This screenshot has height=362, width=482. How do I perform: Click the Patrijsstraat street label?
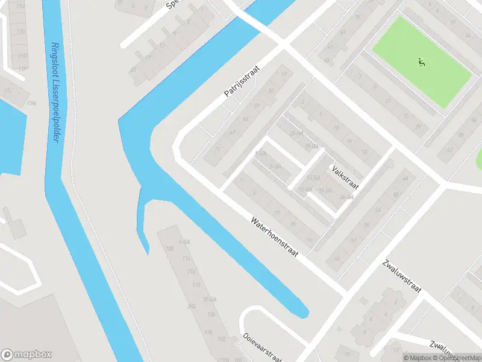tap(240, 82)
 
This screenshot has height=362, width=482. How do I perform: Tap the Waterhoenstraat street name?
tap(275, 236)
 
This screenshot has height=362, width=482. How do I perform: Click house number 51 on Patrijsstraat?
tap(284, 74)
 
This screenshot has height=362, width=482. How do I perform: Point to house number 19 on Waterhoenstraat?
tap(310, 241)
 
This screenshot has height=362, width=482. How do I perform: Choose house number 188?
tap(169, 249)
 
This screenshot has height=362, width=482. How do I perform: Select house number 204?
tap(192, 306)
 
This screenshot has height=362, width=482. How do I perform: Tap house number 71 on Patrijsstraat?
tap(218, 149)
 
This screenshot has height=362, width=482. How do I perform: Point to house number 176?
tap(208, 331)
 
